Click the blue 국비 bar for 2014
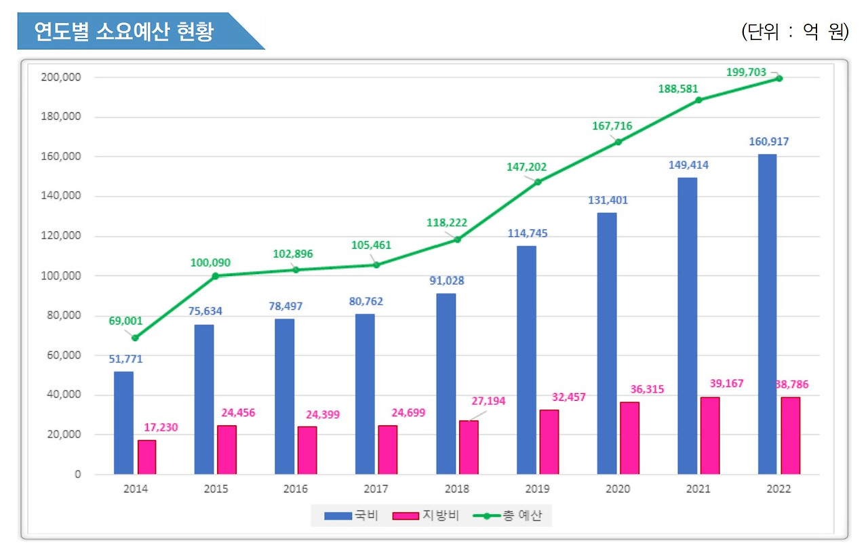click(123, 422)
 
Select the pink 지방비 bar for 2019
click(549, 441)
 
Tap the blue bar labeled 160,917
click(767, 314)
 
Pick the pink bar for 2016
click(307, 450)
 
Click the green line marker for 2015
click(216, 275)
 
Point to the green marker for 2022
click(779, 79)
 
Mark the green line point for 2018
click(457, 239)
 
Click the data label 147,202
click(526, 167)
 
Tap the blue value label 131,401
click(607, 200)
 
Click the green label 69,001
click(125, 321)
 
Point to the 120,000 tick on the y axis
click(61, 236)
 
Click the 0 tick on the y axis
click(77, 474)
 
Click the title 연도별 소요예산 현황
click(124, 31)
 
